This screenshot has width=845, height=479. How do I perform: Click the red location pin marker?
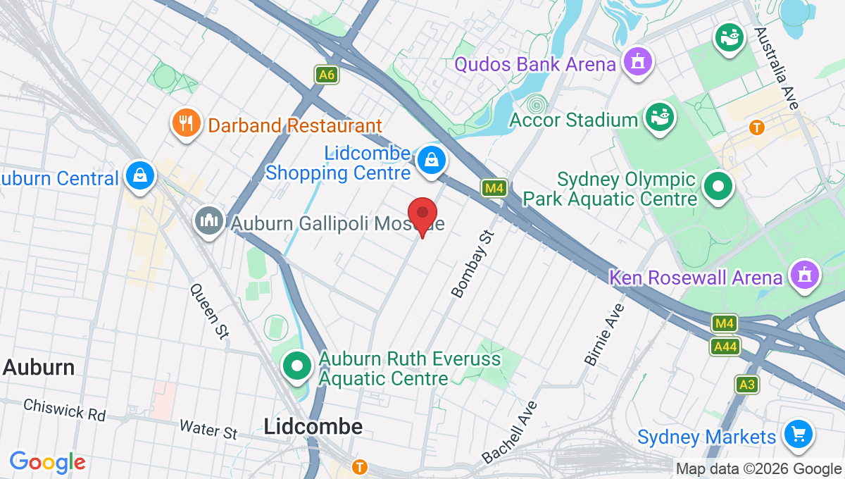tap(423, 214)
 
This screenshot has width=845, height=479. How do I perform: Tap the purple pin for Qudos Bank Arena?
tap(638, 63)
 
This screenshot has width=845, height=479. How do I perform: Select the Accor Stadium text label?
tap(573, 120)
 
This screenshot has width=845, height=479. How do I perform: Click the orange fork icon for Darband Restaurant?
tap(185, 124)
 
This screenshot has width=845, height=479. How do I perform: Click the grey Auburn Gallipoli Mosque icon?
tap(209, 222)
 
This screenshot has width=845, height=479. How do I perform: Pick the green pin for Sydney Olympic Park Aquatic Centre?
tap(719, 187)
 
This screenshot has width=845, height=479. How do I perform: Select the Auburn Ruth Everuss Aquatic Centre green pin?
tap(297, 366)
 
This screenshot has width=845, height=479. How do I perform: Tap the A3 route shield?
tap(747, 385)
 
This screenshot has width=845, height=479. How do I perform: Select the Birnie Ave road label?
tap(604, 335)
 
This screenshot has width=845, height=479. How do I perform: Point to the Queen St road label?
tap(210, 311)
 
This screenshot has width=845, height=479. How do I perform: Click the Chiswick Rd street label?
tap(64, 410)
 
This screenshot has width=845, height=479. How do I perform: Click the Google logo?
tap(48, 462)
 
